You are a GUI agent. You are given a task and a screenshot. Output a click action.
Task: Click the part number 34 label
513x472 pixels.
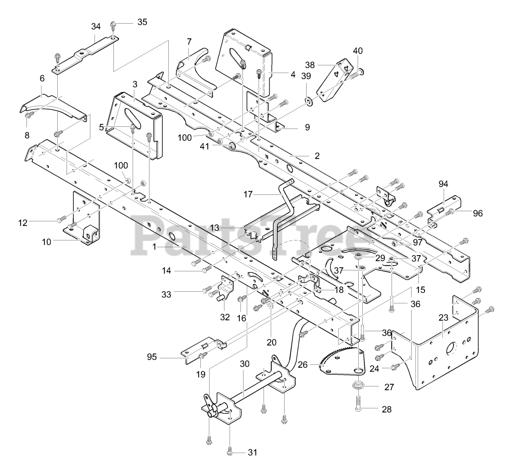[x=96, y=26]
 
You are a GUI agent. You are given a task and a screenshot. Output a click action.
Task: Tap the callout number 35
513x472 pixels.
[x=142, y=22]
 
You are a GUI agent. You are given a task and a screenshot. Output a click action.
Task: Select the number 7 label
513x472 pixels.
[x=189, y=42]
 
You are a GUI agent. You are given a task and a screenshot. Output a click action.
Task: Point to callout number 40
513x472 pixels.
[x=358, y=51]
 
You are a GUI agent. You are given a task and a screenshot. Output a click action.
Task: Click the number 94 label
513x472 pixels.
[x=443, y=184]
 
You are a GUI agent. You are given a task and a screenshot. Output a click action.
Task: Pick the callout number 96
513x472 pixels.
[x=478, y=213]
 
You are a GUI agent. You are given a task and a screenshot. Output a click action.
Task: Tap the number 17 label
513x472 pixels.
[x=248, y=194]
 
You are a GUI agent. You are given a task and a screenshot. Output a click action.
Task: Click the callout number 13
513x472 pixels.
[x=215, y=228]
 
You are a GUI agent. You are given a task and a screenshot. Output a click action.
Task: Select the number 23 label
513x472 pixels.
[x=444, y=318]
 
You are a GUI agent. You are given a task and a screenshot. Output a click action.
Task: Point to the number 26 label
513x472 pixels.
[x=303, y=365]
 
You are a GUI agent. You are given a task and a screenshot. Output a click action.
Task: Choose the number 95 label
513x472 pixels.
[x=152, y=357]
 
